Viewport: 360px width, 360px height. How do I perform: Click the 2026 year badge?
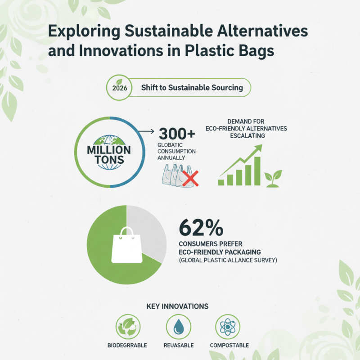pos(119,88)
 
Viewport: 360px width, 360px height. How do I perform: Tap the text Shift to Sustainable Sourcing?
pos(192,88)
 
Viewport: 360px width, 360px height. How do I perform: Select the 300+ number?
pos(176,134)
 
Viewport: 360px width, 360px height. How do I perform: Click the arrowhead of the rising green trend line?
pos(259,147)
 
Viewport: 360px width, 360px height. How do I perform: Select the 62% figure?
pos(201,228)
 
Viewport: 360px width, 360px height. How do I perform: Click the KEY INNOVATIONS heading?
pos(177,306)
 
